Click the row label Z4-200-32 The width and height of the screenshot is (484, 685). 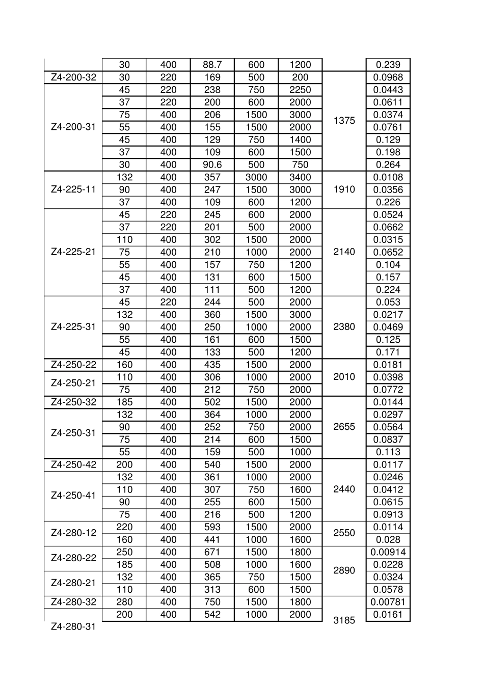click(73, 77)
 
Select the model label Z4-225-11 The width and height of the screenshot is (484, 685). click(73, 189)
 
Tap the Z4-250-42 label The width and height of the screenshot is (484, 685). click(73, 464)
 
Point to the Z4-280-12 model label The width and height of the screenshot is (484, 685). click(73, 533)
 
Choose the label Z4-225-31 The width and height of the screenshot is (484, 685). click(73, 327)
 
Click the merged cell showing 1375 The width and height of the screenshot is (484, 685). click(344, 121)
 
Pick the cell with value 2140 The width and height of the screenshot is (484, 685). click(344, 252)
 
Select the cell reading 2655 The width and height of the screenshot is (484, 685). click(344, 427)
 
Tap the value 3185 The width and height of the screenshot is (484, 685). click(344, 620)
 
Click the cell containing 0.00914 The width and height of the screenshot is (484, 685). click(388, 552)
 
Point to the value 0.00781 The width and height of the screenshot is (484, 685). click(388, 602)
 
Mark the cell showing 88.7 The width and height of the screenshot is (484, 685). click(212, 65)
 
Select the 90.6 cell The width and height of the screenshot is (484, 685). click(212, 165)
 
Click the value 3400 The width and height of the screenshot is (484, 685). click(300, 177)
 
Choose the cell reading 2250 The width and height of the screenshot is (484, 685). click(300, 90)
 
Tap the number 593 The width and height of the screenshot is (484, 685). click(212, 527)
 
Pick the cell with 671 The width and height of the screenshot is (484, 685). click(212, 552)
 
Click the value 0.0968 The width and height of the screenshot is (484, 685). click(388, 77)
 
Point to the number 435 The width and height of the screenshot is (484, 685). click(212, 365)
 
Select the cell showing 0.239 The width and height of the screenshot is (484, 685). click(388, 65)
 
